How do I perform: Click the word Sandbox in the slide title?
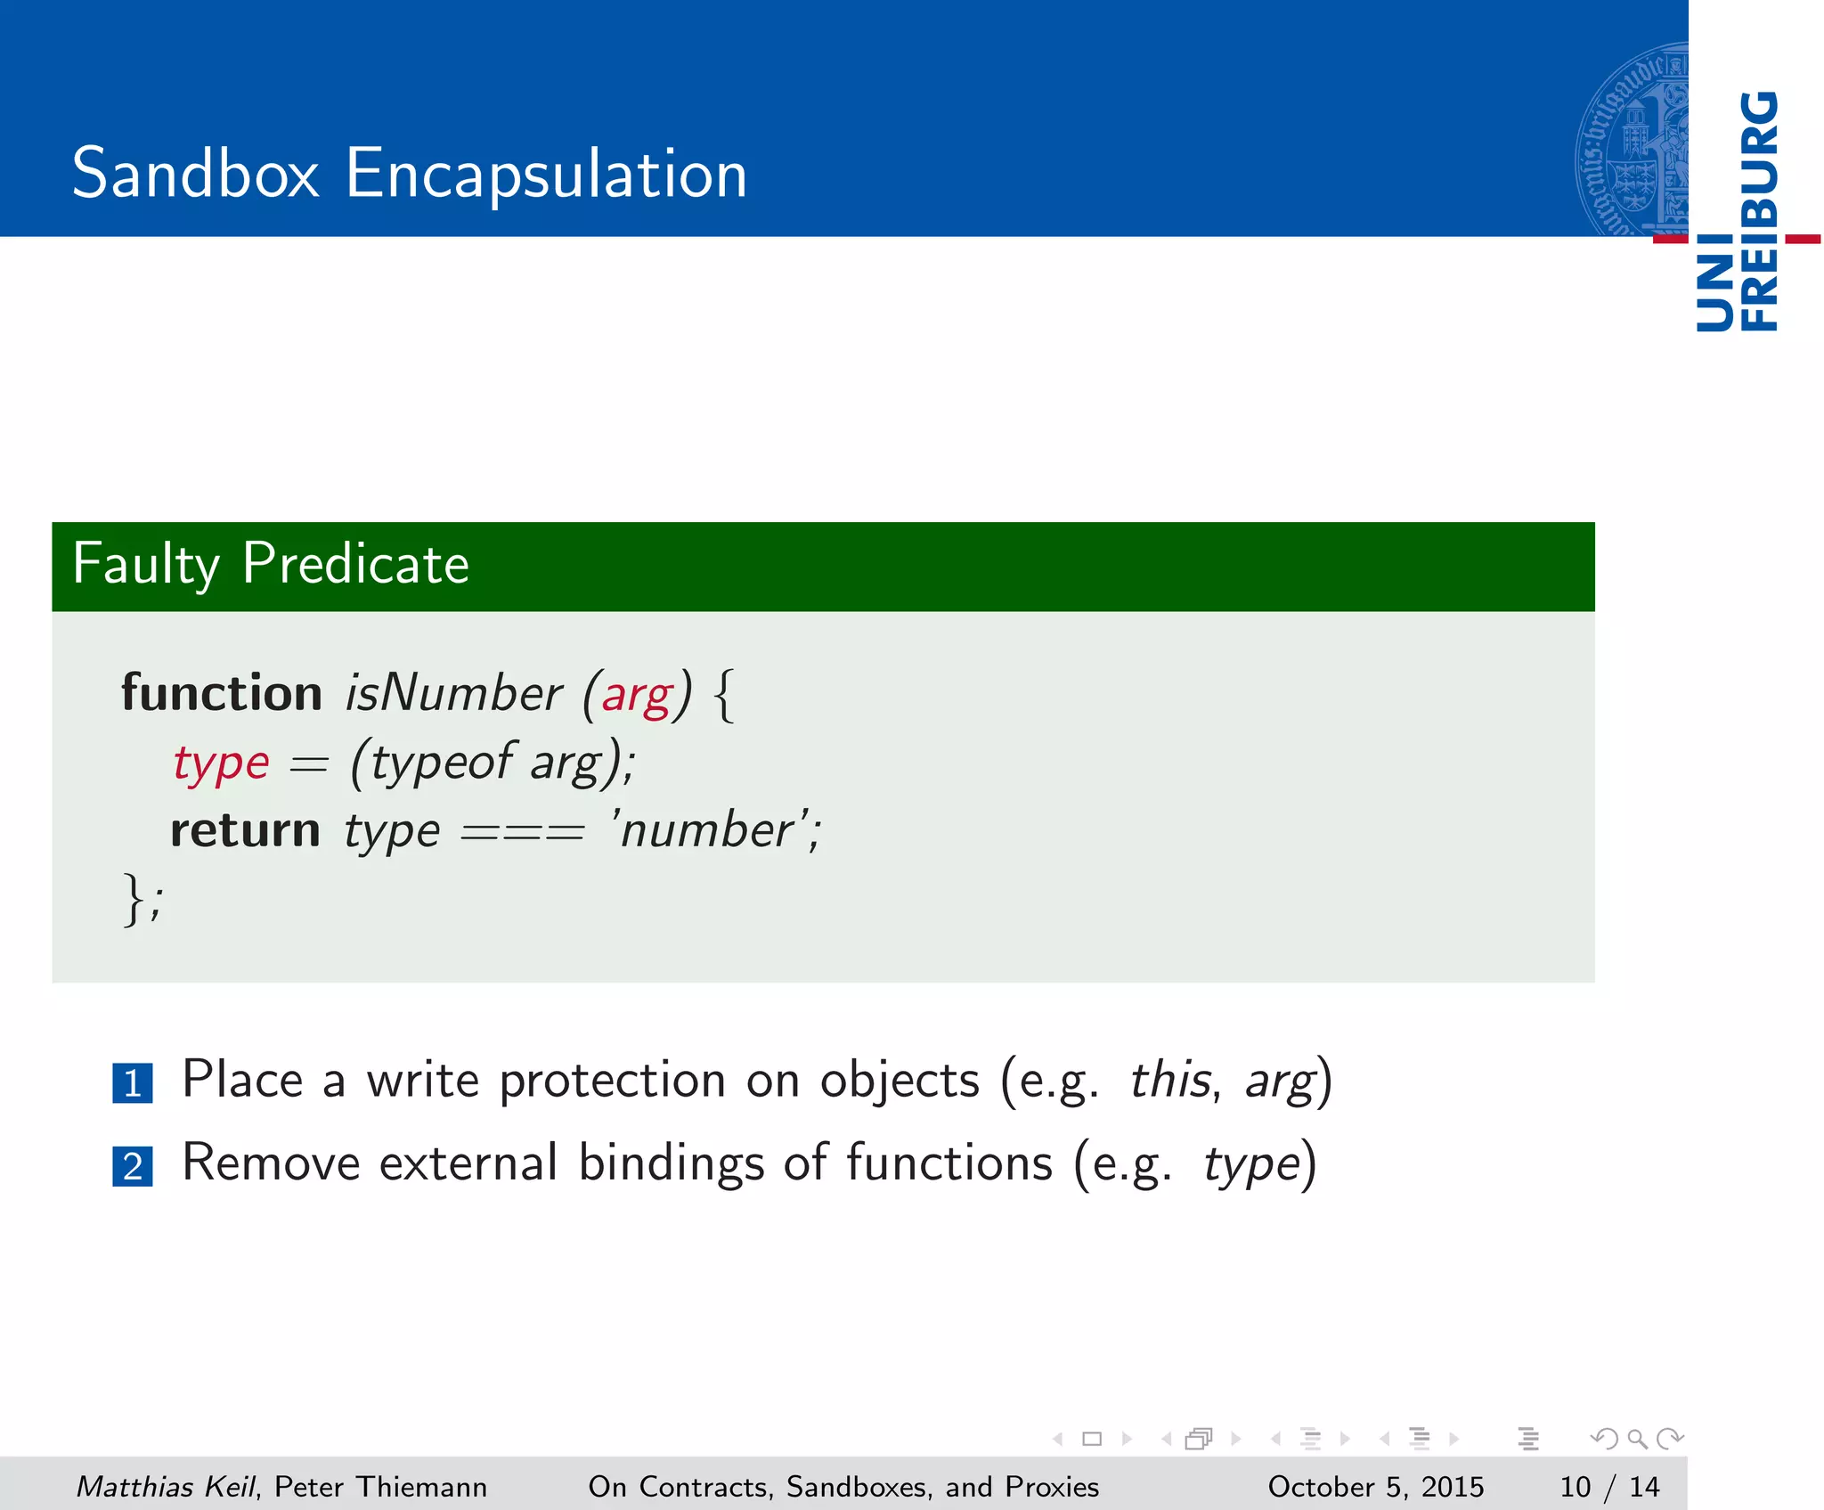pyautogui.click(x=195, y=173)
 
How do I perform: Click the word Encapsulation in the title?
pyautogui.click(x=545, y=175)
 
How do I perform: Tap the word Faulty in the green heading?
pyautogui.click(x=145, y=564)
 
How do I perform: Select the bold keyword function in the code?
pyautogui.click(x=222, y=693)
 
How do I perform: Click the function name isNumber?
pyautogui.click(x=453, y=693)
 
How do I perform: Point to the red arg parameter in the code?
pyautogui.click(x=637, y=696)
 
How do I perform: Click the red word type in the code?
pyautogui.click(x=221, y=763)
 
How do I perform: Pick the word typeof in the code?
pyautogui.click(x=441, y=763)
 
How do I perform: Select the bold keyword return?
pyautogui.click(x=245, y=830)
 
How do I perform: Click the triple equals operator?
pyautogui.click(x=523, y=834)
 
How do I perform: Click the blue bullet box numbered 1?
pyautogui.click(x=133, y=1083)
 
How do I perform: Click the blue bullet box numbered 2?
pyautogui.click(x=133, y=1166)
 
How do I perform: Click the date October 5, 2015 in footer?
pyautogui.click(x=1375, y=1486)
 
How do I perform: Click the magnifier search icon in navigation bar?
pyautogui.click(x=1637, y=1438)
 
